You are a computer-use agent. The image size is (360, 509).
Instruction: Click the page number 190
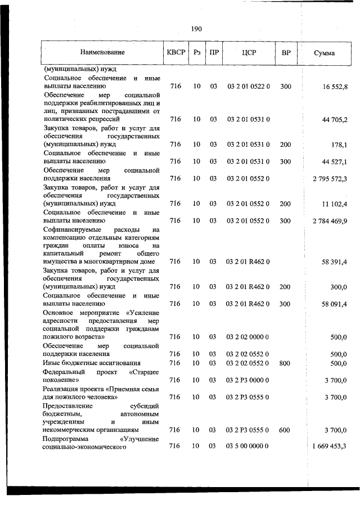(x=196, y=29)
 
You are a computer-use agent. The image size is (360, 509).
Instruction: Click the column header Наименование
(x=102, y=53)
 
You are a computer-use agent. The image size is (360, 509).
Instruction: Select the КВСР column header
(x=175, y=53)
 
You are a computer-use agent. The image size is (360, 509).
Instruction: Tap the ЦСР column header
(x=249, y=53)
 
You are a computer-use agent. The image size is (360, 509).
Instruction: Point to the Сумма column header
(x=325, y=53)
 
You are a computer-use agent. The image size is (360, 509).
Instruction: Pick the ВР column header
(x=286, y=53)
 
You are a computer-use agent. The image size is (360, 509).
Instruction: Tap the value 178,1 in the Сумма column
(x=339, y=145)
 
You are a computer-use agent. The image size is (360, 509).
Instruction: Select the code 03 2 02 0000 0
(x=249, y=337)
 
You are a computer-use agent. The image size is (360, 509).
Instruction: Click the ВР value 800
(x=285, y=363)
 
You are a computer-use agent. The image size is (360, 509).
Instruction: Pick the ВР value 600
(x=285, y=430)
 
